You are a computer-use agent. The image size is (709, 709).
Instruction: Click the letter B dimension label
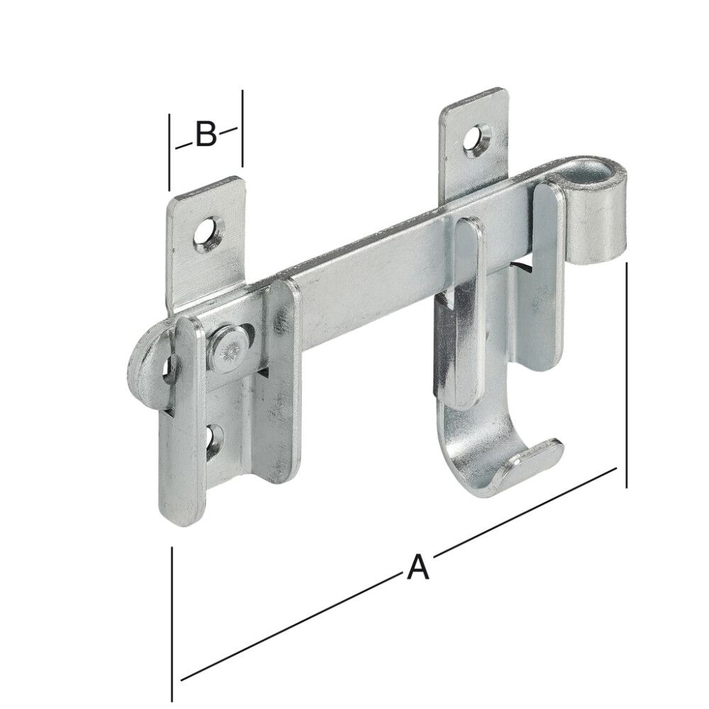tap(206, 134)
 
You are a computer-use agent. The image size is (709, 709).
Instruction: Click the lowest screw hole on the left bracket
tap(213, 440)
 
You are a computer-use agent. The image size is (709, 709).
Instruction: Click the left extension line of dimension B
tap(169, 152)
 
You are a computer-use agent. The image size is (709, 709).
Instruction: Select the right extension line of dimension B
tap(242, 128)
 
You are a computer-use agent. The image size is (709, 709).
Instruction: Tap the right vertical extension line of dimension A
tap(627, 376)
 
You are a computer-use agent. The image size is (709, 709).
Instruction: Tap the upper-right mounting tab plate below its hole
tap(468, 177)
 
